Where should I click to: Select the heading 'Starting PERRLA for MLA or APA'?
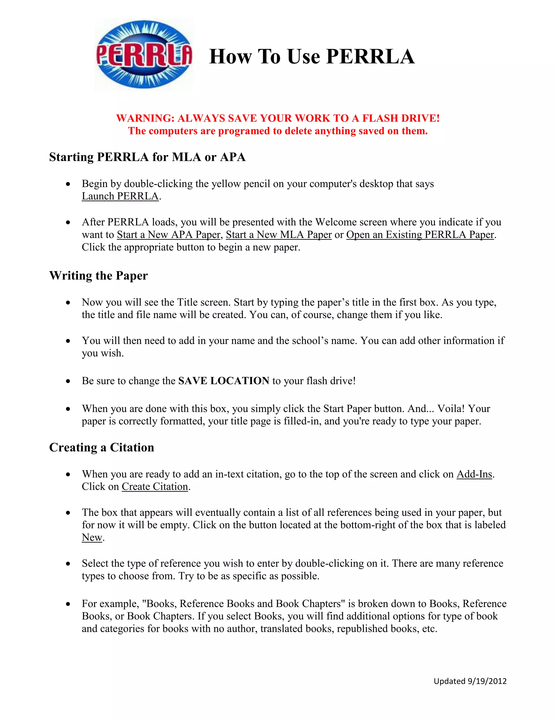[x=147, y=157]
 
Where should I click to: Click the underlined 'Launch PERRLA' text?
[x=120, y=196]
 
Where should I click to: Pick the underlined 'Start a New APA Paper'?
[x=168, y=235]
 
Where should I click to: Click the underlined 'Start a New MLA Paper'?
[x=279, y=235]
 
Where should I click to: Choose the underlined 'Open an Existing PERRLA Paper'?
[x=420, y=235]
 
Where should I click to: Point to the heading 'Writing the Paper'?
[x=99, y=276]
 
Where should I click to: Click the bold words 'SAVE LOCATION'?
[x=224, y=381]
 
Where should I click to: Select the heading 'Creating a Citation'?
[x=102, y=447]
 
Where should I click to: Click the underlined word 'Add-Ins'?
[x=474, y=474]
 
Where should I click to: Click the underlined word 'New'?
[x=92, y=537]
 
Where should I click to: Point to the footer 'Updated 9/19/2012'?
[x=470, y=681]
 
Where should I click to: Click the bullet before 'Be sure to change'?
[x=68, y=381]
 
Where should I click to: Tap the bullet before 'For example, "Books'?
[x=68, y=604]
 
